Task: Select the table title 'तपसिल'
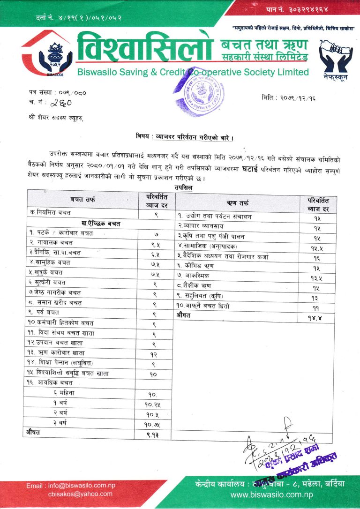(x=183, y=187)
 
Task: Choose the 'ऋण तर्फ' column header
(x=238, y=203)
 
